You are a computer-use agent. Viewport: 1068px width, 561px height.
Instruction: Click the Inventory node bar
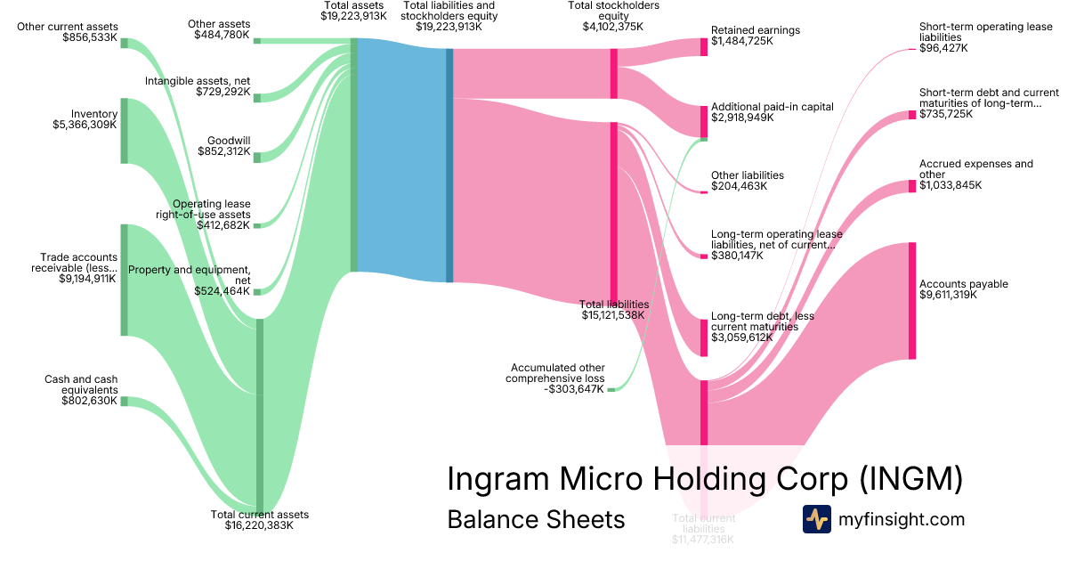pos(125,131)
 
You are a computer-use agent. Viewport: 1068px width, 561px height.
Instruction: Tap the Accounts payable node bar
pos(912,300)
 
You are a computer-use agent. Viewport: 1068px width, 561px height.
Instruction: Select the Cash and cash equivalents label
pos(81,385)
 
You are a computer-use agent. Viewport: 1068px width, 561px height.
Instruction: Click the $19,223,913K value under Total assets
pos(353,16)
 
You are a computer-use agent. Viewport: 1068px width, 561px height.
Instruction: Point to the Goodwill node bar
pos(257,158)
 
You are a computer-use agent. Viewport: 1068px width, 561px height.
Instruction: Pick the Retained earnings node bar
pos(704,47)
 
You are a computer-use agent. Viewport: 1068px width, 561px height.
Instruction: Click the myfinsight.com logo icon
pos(816,519)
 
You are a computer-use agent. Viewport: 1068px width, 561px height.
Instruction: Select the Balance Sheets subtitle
pos(536,519)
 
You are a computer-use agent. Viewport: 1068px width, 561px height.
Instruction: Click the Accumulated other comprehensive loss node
pos(611,389)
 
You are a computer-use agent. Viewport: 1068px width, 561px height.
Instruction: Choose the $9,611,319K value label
pos(948,295)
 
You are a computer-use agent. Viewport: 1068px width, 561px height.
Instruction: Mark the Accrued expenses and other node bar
pos(912,186)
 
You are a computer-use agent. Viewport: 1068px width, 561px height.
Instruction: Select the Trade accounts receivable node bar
pos(125,280)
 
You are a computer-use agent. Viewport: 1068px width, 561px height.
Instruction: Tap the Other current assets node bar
pos(125,44)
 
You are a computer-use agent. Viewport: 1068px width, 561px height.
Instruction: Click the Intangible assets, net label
pos(198,81)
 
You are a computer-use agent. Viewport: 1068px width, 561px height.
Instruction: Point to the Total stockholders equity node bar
pos(614,73)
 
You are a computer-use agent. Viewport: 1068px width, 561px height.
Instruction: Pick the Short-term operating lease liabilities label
pos(985,32)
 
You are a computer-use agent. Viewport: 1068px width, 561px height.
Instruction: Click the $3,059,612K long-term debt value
pos(741,337)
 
